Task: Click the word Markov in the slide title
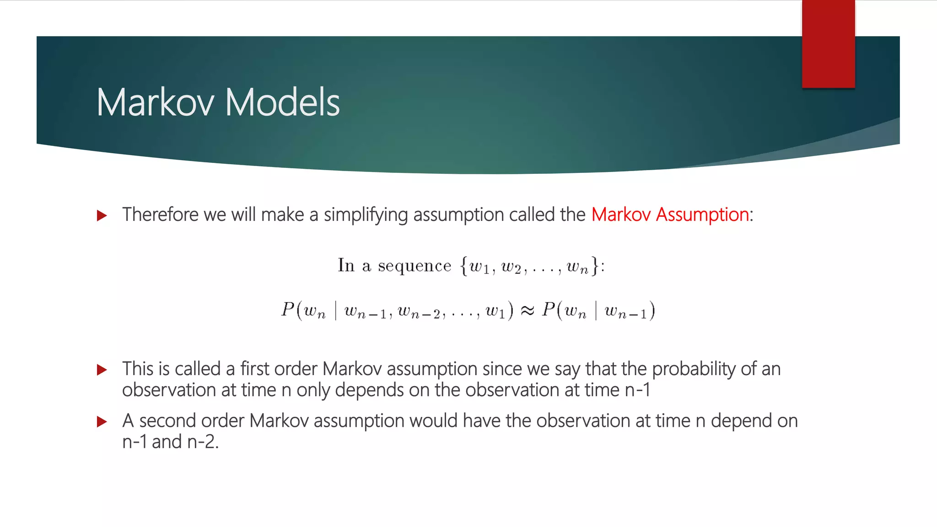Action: pyautogui.click(x=155, y=102)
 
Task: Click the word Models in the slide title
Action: pyautogui.click(x=282, y=102)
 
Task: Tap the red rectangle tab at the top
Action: pyautogui.click(x=828, y=44)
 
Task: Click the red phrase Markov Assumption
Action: pyautogui.click(x=670, y=215)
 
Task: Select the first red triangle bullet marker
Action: pyautogui.click(x=102, y=215)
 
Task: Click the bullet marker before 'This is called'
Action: pyautogui.click(x=102, y=370)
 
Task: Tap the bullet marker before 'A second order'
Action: pyautogui.click(x=102, y=422)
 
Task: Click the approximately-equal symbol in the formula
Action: pyautogui.click(x=527, y=311)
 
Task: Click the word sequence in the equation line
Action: pyautogui.click(x=414, y=266)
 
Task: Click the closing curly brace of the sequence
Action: pyautogui.click(x=594, y=266)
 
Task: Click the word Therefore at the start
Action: pyautogui.click(x=160, y=215)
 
